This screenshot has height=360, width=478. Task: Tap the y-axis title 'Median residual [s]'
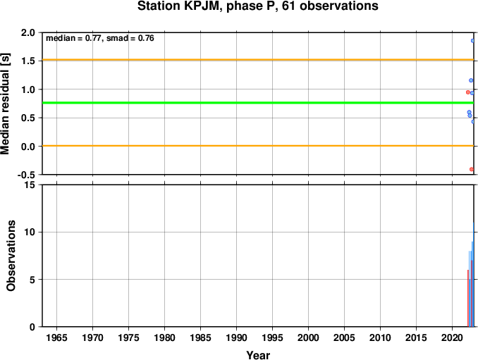coord(6,104)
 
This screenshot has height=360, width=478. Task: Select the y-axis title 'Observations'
coord(11,256)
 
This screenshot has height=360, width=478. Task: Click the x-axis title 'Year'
coord(257,355)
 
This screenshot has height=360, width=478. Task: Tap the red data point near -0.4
coord(471,169)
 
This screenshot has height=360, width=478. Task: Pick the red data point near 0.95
coord(467,92)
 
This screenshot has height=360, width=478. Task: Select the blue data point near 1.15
coord(470,80)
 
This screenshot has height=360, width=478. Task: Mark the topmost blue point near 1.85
coord(472,40)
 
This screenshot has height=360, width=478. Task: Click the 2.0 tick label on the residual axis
coord(28,32)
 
